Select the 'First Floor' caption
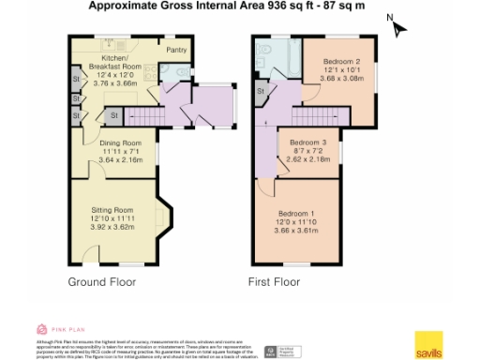274,281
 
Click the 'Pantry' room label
175,50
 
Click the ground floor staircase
146,115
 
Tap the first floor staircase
306,115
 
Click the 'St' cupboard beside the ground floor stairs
114,114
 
